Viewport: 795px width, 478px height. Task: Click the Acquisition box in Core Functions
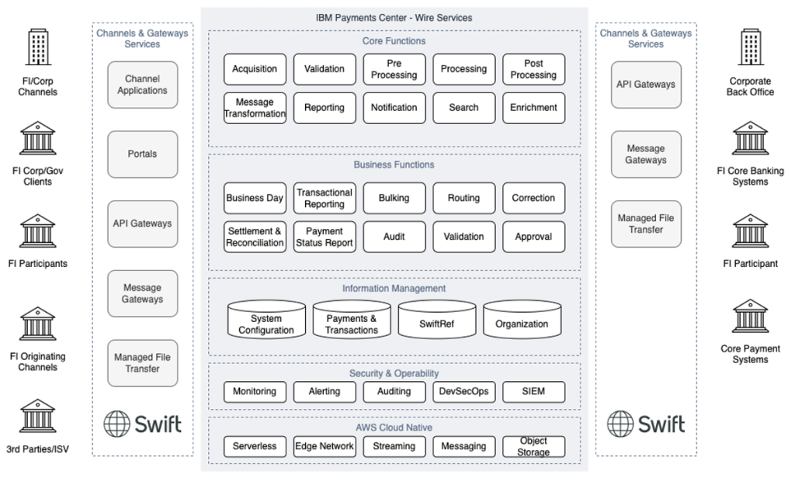pyautogui.click(x=255, y=69)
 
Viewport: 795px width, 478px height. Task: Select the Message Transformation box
pyautogui.click(x=255, y=108)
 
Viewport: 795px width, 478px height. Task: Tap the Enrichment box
pyautogui.click(x=533, y=108)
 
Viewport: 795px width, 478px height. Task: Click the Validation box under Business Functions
pyautogui.click(x=463, y=237)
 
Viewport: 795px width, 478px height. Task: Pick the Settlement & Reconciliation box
pyautogui.click(x=255, y=237)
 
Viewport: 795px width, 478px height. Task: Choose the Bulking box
pyautogui.click(x=394, y=198)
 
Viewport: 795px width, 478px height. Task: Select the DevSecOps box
pyautogui.click(x=463, y=392)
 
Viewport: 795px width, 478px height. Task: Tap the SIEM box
pyautogui.click(x=533, y=392)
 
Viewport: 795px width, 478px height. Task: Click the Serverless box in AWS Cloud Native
pyautogui.click(x=255, y=446)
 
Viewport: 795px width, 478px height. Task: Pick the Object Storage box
pyautogui.click(x=533, y=446)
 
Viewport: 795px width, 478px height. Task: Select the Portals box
pyautogui.click(x=142, y=154)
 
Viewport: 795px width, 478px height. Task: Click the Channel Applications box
pyautogui.click(x=142, y=85)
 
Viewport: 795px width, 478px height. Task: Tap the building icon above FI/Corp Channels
pyautogui.click(x=38, y=47)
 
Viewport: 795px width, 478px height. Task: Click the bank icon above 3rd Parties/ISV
pyautogui.click(x=38, y=416)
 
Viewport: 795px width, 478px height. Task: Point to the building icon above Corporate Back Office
pyautogui.click(x=750, y=47)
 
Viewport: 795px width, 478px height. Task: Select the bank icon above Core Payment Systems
pyautogui.click(x=750, y=317)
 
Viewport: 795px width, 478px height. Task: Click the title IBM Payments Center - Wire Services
pyautogui.click(x=394, y=17)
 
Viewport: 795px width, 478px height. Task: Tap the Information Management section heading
pyautogui.click(x=394, y=288)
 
